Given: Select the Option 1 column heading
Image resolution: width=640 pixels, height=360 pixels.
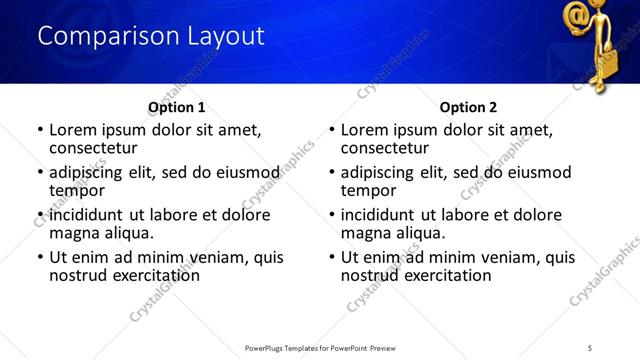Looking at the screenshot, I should click(176, 107).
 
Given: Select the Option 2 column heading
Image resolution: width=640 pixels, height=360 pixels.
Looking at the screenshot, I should click(468, 107).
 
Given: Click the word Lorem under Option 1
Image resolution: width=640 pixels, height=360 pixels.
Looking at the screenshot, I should click(73, 130).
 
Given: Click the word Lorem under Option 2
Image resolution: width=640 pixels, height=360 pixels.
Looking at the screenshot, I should click(365, 130).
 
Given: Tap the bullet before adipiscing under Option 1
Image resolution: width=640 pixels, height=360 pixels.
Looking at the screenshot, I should click(40, 173).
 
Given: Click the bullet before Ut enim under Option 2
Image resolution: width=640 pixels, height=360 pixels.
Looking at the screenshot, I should click(332, 258).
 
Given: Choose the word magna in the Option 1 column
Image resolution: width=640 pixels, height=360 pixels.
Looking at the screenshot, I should click(74, 233).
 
